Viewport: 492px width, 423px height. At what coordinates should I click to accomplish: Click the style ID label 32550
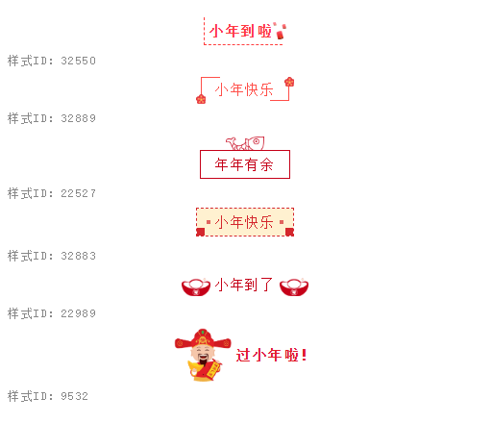pyautogui.click(x=52, y=61)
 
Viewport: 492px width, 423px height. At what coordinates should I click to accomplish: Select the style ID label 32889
pyautogui.click(x=52, y=118)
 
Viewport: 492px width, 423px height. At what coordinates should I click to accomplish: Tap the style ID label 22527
pyautogui.click(x=52, y=193)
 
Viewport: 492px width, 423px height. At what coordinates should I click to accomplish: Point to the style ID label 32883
pyautogui.click(x=52, y=256)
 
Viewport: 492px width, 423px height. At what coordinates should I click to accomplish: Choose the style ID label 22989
pyautogui.click(x=52, y=313)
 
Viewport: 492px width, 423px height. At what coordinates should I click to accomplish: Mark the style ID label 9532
pyautogui.click(x=48, y=396)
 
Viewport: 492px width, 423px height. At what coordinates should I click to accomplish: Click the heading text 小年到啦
pyautogui.click(x=240, y=31)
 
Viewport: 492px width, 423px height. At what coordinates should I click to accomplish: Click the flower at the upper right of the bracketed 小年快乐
pyautogui.click(x=289, y=82)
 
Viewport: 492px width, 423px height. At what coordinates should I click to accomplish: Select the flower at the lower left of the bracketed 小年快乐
pyautogui.click(x=201, y=99)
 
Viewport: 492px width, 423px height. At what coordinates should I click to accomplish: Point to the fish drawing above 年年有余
pyautogui.click(x=245, y=143)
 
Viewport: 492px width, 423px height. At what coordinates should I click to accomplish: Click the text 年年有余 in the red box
pyautogui.click(x=244, y=164)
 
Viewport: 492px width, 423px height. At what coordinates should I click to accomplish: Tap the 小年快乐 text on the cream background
pyautogui.click(x=244, y=222)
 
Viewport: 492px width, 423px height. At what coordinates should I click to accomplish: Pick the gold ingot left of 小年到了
pyautogui.click(x=196, y=286)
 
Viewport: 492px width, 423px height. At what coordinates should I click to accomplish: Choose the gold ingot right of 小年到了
pyautogui.click(x=294, y=286)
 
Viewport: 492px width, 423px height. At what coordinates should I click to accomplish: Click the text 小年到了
pyautogui.click(x=244, y=285)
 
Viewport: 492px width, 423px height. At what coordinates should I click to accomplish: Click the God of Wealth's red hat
pyautogui.click(x=203, y=339)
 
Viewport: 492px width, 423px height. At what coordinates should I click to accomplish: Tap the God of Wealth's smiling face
pyautogui.click(x=203, y=354)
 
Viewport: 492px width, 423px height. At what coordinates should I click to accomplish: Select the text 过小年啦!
pyautogui.click(x=271, y=355)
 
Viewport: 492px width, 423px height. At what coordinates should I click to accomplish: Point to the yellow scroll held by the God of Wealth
pyautogui.click(x=213, y=369)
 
